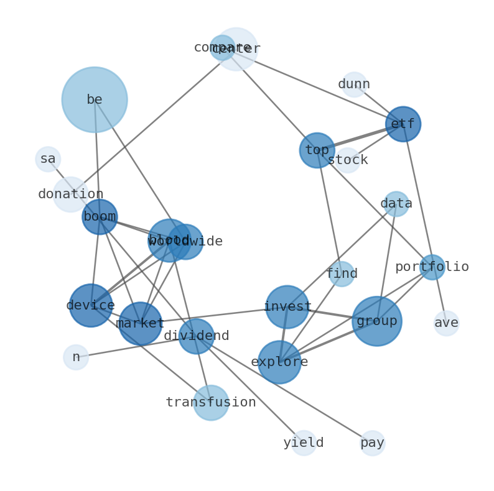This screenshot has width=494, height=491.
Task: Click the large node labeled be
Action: (95, 99)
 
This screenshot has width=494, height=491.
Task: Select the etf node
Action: (403, 124)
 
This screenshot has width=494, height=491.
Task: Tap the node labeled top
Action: (317, 150)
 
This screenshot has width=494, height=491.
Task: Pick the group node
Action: (377, 321)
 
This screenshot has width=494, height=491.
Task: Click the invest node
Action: (287, 307)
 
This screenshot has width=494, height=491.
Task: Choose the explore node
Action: (280, 362)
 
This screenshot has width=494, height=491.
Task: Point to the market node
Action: (141, 324)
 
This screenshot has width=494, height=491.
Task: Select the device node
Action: (91, 306)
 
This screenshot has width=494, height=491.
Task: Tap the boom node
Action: (100, 217)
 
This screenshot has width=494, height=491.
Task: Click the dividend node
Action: (197, 336)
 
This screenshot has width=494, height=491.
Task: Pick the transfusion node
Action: (211, 403)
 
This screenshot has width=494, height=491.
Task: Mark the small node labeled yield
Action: (304, 443)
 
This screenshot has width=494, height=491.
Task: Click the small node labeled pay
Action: (373, 443)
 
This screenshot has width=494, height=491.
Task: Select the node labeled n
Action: (76, 357)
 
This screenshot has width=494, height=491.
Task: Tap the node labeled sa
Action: (48, 159)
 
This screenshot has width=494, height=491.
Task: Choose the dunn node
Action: (354, 85)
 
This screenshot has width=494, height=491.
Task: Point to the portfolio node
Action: (432, 267)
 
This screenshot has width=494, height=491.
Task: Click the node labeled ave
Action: (446, 323)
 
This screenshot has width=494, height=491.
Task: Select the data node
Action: (396, 204)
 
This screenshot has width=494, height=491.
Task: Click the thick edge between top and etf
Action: (360, 137)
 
